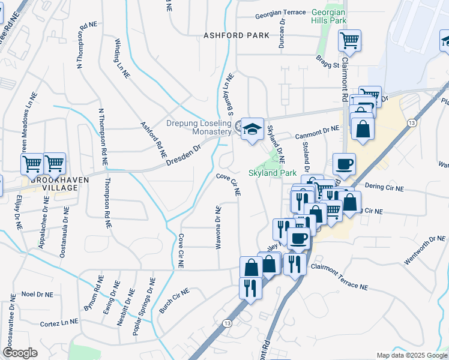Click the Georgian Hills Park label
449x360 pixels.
point(330,16)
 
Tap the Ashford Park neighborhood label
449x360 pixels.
point(236,35)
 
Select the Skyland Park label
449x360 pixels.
point(273,173)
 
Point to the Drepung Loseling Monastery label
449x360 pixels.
point(199,128)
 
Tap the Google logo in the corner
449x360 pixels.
point(20,353)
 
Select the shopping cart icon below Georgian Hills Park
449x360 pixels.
point(349,41)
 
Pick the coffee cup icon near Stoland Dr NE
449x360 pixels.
point(344,163)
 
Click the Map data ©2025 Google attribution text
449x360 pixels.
point(411,355)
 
